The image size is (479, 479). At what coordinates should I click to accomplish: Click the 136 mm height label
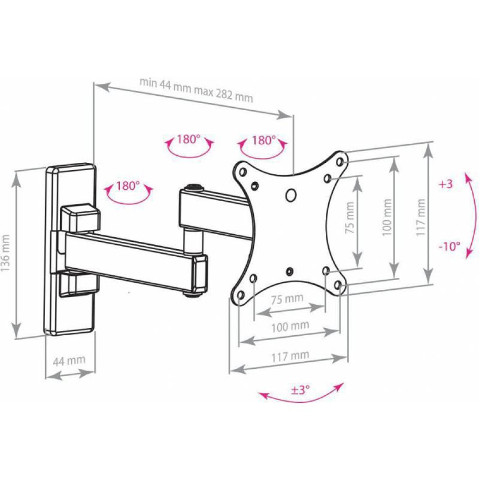click(x=5, y=253)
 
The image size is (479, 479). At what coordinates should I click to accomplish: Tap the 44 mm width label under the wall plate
click(x=69, y=361)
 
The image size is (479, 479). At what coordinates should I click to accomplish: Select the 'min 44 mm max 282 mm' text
click(x=196, y=90)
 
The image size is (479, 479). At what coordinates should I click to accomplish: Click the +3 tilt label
click(x=445, y=184)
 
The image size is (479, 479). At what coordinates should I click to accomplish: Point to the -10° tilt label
click(x=449, y=246)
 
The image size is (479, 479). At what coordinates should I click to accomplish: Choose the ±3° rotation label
click(x=300, y=390)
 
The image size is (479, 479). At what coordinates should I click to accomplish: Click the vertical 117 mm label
click(x=421, y=217)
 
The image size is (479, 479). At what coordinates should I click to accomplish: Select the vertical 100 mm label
click(x=387, y=217)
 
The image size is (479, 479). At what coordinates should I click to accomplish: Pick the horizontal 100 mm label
click(x=290, y=327)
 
